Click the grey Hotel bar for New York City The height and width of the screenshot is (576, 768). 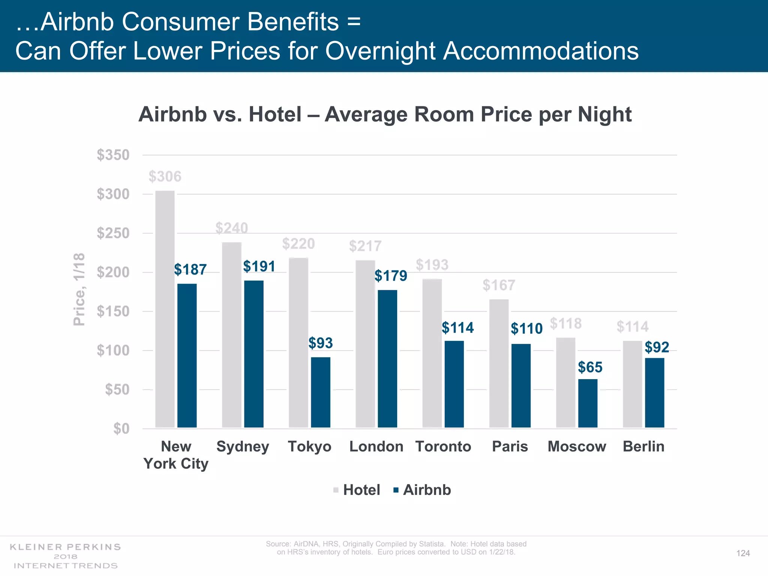tap(165, 309)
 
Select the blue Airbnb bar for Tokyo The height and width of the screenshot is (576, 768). tap(321, 392)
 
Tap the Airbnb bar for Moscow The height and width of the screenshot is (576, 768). tap(588, 403)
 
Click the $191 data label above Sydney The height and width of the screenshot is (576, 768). tap(259, 267)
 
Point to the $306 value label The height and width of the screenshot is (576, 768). tap(165, 177)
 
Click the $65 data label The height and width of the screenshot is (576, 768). tap(590, 367)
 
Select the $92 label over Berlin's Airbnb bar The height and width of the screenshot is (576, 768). tap(657, 347)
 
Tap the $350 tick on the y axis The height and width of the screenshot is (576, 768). tap(113, 155)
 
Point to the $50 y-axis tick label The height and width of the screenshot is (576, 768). tap(117, 390)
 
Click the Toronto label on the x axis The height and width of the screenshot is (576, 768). tap(443, 447)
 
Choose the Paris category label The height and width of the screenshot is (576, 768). tap(510, 447)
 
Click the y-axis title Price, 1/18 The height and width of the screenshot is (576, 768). tap(79, 289)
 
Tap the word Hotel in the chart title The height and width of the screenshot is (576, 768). tap(275, 114)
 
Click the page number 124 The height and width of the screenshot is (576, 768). tap(743, 553)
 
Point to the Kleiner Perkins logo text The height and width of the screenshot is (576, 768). tap(66, 547)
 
